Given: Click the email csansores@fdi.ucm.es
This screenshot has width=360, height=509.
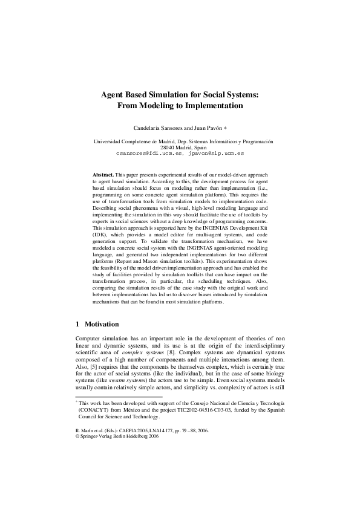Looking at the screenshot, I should tap(149, 154).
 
